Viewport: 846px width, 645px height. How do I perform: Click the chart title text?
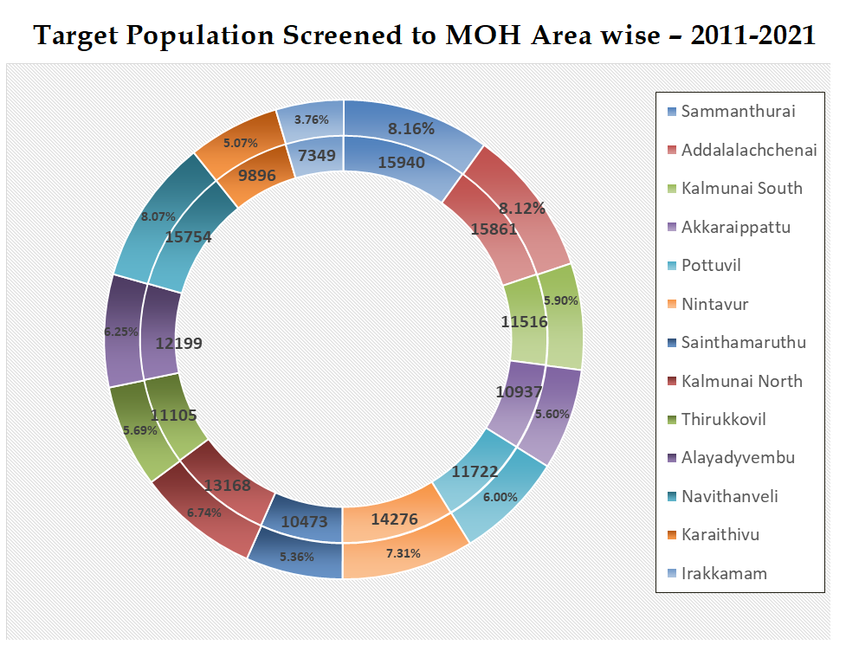(x=423, y=35)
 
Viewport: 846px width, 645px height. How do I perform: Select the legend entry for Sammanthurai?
(x=738, y=111)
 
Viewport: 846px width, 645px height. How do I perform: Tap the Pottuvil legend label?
(x=711, y=265)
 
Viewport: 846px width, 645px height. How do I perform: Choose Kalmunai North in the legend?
(x=741, y=381)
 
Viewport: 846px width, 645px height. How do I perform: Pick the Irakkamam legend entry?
(x=724, y=573)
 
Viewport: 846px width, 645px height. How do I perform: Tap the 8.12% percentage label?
(x=522, y=208)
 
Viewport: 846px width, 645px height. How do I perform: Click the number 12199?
(x=180, y=344)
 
